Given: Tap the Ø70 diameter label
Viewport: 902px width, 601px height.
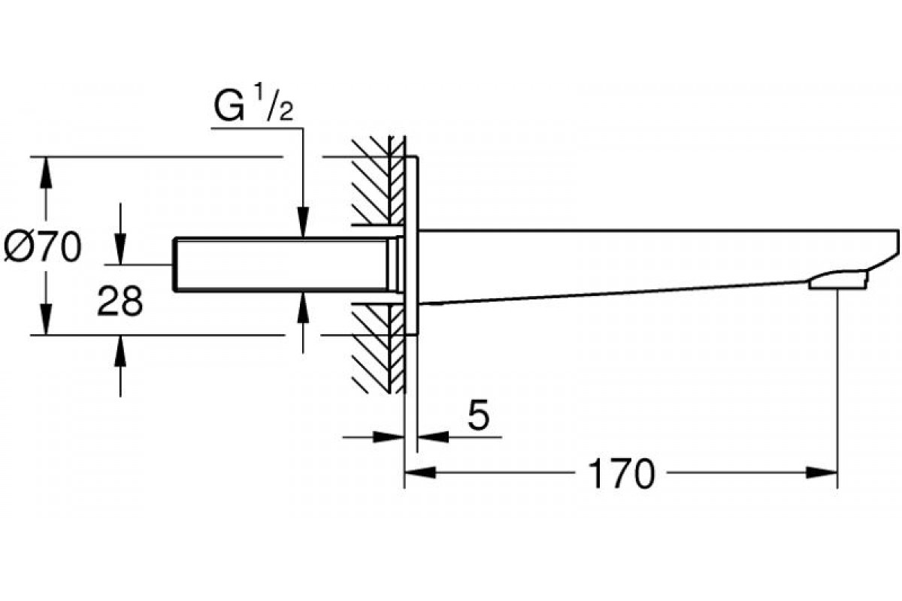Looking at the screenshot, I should (42, 246).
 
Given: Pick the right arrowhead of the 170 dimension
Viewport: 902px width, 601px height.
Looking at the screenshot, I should (822, 473).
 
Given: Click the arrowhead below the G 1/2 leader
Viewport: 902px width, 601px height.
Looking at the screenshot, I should (302, 224).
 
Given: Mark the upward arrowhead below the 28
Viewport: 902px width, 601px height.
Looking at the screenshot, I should (120, 349).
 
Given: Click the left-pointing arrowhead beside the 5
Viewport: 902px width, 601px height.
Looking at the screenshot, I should (431, 435).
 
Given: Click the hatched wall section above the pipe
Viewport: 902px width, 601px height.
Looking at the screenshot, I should (372, 180).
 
